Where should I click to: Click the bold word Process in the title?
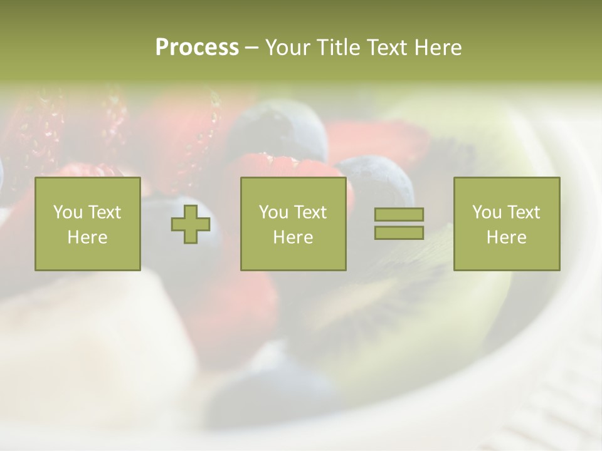(x=197, y=48)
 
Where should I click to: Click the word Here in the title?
(x=438, y=48)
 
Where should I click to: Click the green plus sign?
(x=191, y=224)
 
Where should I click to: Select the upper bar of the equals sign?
(x=399, y=214)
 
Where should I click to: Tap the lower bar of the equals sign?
(x=399, y=233)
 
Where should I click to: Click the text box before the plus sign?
(x=87, y=224)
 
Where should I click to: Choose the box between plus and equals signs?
(x=293, y=224)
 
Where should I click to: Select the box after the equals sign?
(x=506, y=224)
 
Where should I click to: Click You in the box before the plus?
(x=68, y=212)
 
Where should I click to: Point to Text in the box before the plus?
(x=104, y=212)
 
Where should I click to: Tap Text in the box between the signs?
(x=310, y=212)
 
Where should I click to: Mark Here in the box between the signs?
(x=293, y=237)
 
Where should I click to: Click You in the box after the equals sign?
(x=487, y=212)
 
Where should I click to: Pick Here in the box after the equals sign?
(x=506, y=237)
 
